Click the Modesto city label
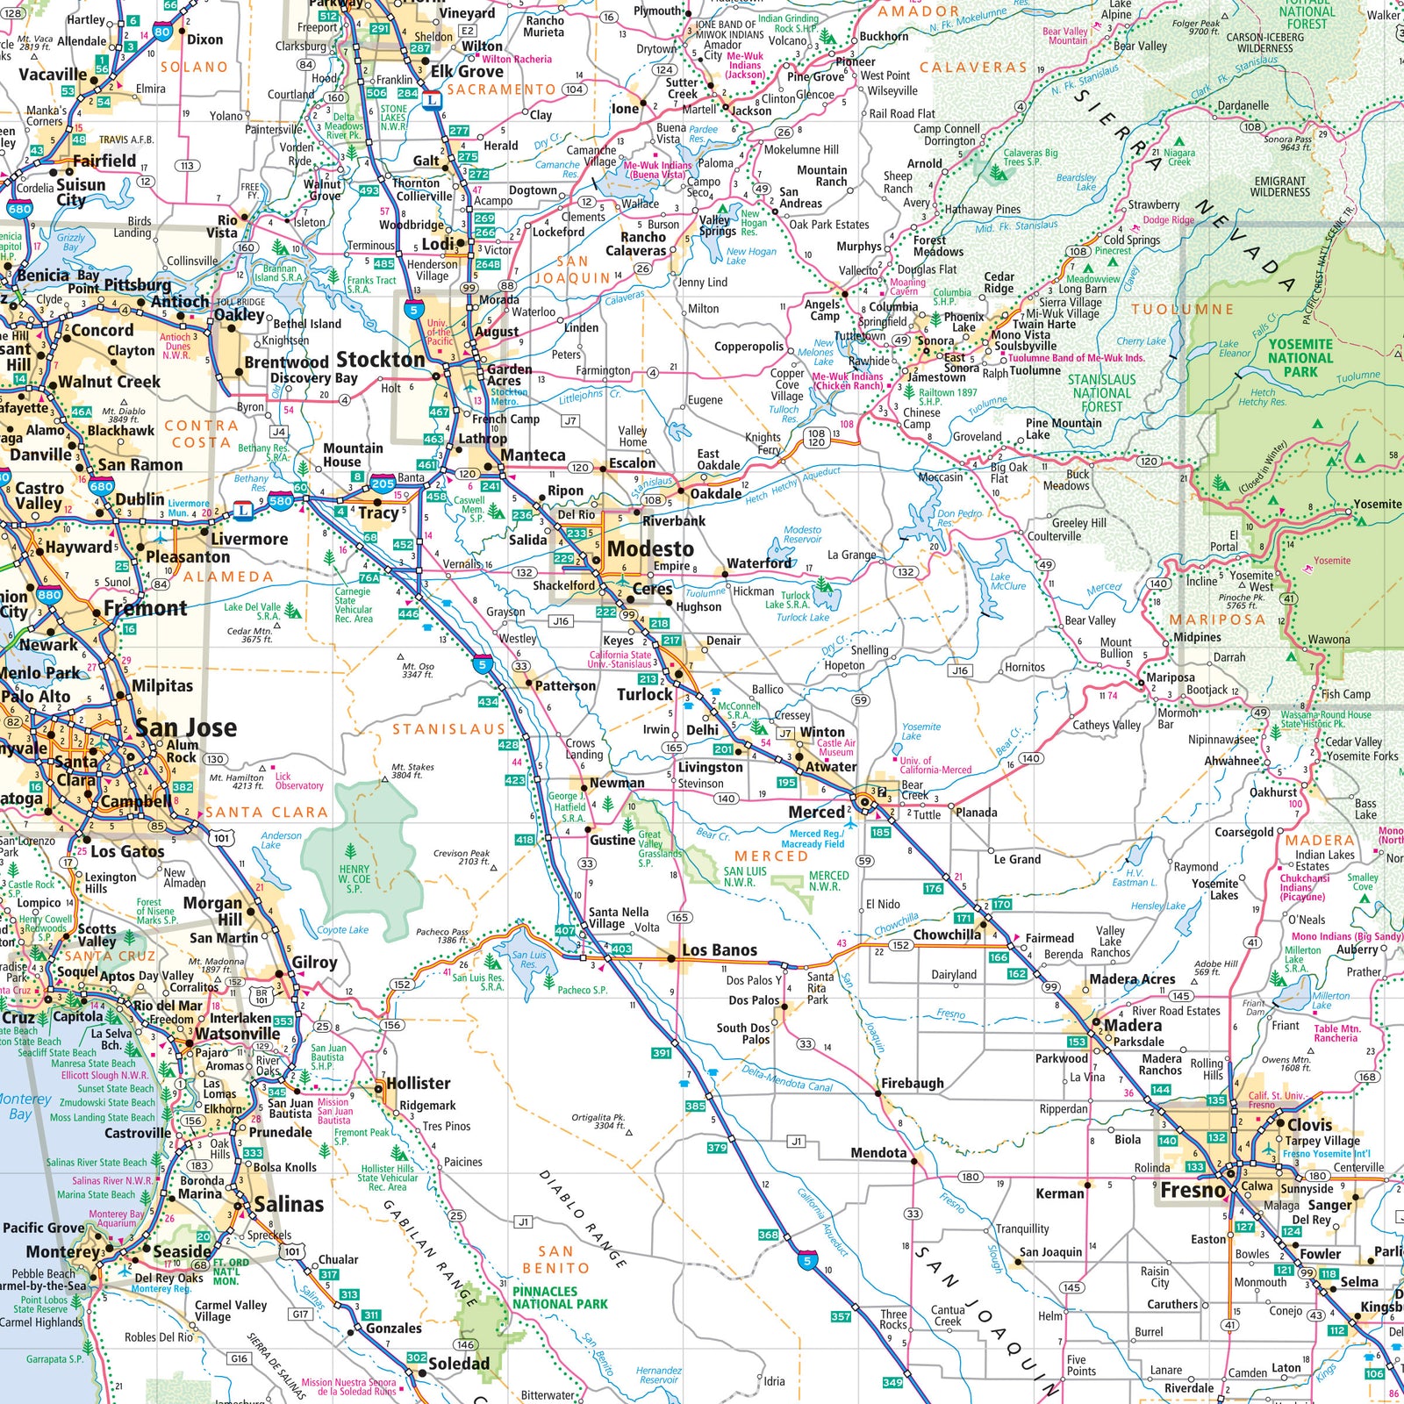click(650, 549)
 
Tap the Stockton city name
click(381, 360)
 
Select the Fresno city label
click(1193, 1191)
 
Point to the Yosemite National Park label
click(1300, 357)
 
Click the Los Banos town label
click(719, 950)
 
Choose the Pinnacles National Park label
click(560, 1298)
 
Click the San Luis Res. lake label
click(529, 959)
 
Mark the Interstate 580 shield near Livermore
click(281, 501)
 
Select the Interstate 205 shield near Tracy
click(383, 484)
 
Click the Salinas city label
click(289, 1205)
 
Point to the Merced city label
click(816, 813)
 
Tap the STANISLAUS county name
click(448, 729)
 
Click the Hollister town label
click(419, 1084)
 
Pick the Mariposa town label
click(1171, 677)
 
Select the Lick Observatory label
click(299, 781)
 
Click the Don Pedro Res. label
click(959, 518)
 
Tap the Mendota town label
click(878, 1153)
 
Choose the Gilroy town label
click(314, 963)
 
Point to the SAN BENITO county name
click(555, 1259)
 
